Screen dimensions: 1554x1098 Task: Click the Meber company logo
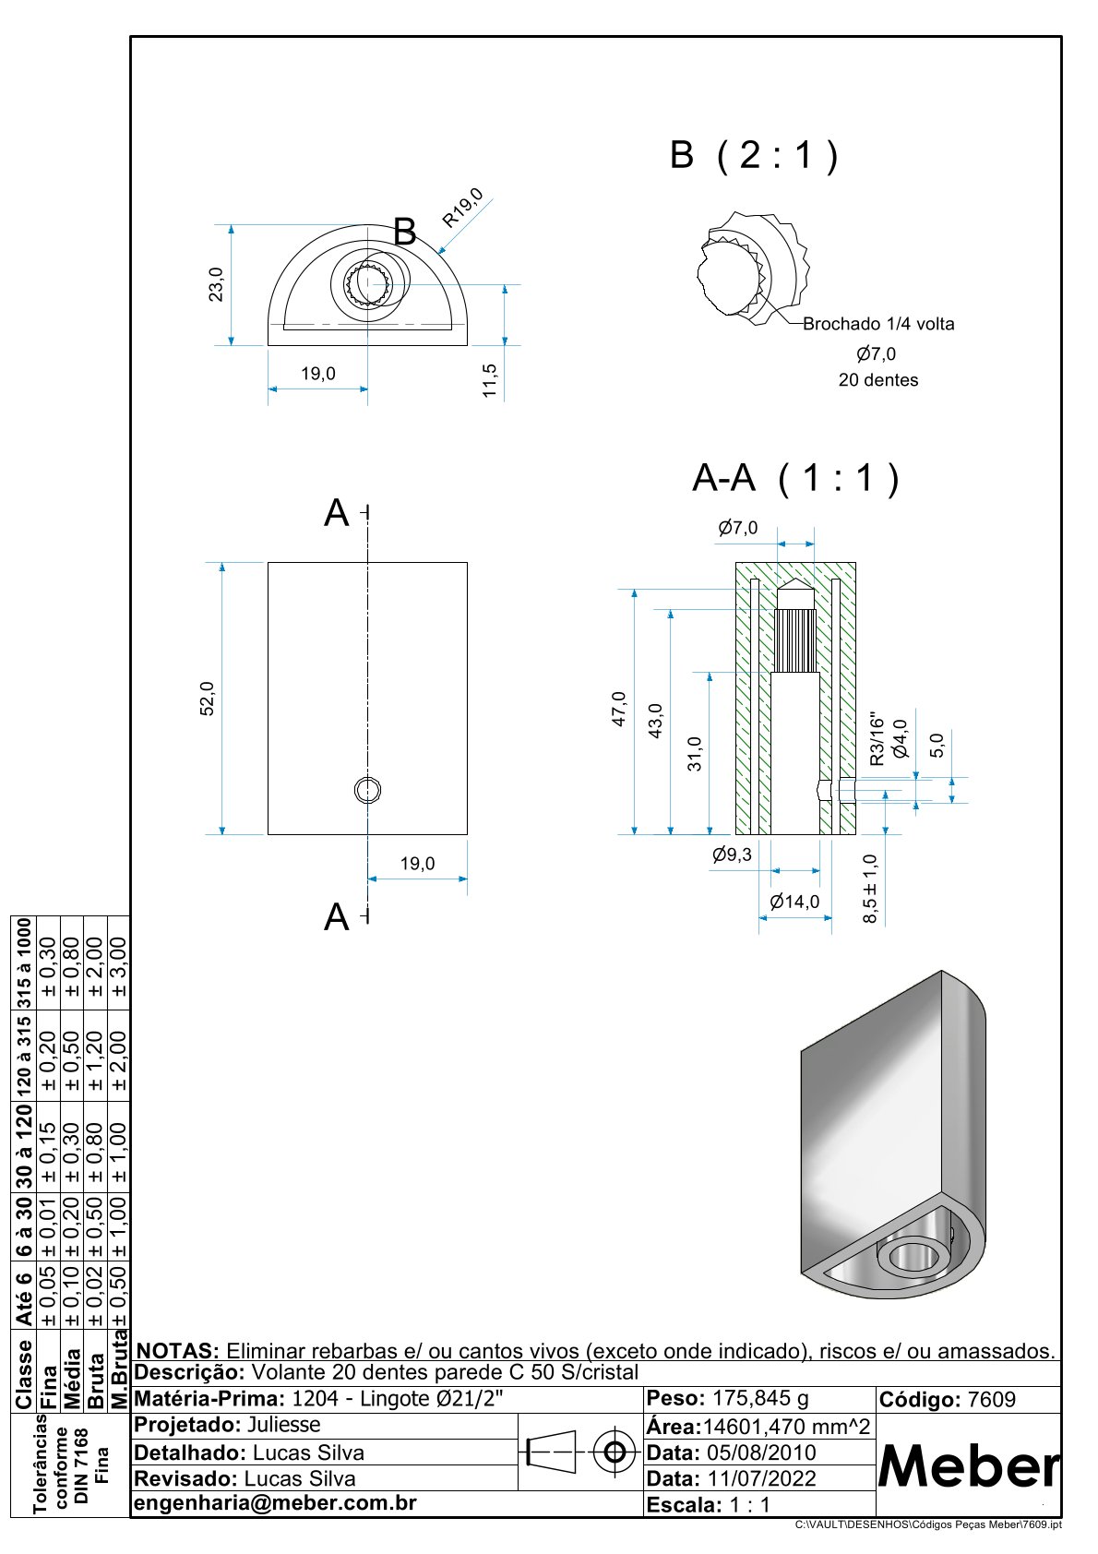coord(968,1465)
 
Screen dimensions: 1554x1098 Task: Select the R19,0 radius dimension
coord(462,208)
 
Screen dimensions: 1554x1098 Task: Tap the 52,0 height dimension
coord(208,699)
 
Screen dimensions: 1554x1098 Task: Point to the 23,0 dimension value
coord(215,284)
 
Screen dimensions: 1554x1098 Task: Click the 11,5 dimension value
coord(489,380)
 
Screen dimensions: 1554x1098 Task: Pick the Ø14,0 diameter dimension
coord(794,902)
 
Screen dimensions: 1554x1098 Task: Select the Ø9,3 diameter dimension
coord(732,855)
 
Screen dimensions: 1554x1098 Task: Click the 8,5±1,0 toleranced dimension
coord(870,889)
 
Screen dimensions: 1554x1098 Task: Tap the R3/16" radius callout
coord(877,741)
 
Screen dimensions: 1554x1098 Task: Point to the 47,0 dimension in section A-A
coord(619,709)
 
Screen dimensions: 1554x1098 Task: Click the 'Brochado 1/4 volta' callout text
coord(878,324)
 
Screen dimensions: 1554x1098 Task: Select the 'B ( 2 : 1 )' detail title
coord(754,155)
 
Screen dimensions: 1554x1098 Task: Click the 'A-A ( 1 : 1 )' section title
coord(795,478)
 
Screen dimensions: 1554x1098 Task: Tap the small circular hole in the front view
coord(368,790)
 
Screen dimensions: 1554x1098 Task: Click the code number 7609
coord(991,1400)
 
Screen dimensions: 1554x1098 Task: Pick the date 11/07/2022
coord(762,1478)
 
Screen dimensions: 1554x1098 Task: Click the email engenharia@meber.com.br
coord(276,1502)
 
